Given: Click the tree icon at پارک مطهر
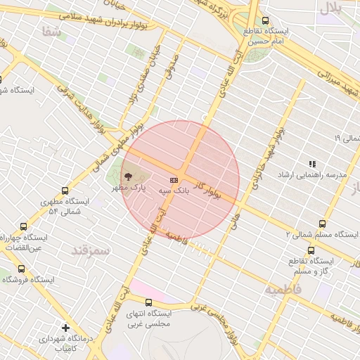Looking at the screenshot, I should point(129,177).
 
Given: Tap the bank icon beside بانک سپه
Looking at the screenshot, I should point(174,180).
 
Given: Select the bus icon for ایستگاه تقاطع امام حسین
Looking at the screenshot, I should point(265,21).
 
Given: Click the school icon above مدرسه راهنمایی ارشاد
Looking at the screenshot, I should point(312,164).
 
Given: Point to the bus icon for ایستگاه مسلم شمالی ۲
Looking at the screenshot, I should point(323,224).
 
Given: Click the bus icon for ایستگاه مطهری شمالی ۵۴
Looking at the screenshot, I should point(65,191).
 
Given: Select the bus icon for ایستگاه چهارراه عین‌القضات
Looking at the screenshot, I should point(25,226).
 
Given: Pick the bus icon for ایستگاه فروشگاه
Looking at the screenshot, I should point(20,269).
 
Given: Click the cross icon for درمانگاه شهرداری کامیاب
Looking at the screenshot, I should point(66,328).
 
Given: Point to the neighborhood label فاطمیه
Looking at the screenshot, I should point(283,289).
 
